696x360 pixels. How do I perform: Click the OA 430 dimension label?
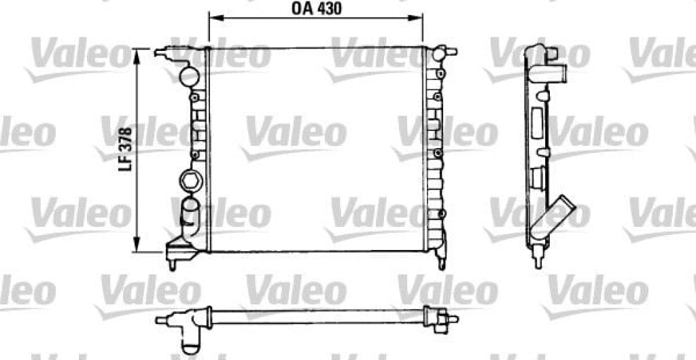[317, 9]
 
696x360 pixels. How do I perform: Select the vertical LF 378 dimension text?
[126, 151]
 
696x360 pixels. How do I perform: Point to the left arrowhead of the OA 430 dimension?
[215, 18]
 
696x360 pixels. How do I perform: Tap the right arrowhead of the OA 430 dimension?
[416, 18]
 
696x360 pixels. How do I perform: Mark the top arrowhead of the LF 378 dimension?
[137, 55]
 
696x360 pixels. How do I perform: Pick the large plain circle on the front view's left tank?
[189, 76]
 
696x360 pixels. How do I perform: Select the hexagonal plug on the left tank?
[191, 181]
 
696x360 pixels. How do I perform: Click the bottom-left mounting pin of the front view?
[172, 265]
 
